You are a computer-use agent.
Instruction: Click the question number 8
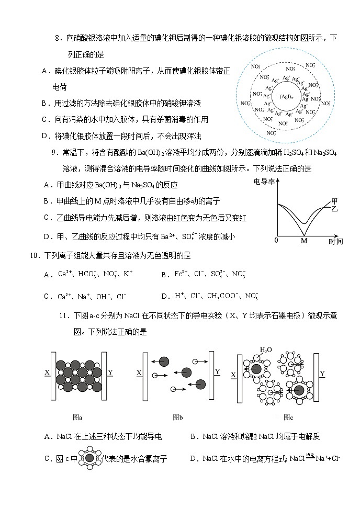pos(58,38)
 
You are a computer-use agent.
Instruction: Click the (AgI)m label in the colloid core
pos(285,97)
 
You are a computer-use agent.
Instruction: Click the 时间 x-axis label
pos(335,241)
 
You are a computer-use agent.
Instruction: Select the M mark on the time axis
pos(303,241)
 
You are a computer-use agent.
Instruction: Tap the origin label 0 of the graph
pos(276,241)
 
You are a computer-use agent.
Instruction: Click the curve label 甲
pos(335,201)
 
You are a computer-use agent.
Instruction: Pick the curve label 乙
pos(335,209)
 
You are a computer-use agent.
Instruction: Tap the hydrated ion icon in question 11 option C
pos(89,458)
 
